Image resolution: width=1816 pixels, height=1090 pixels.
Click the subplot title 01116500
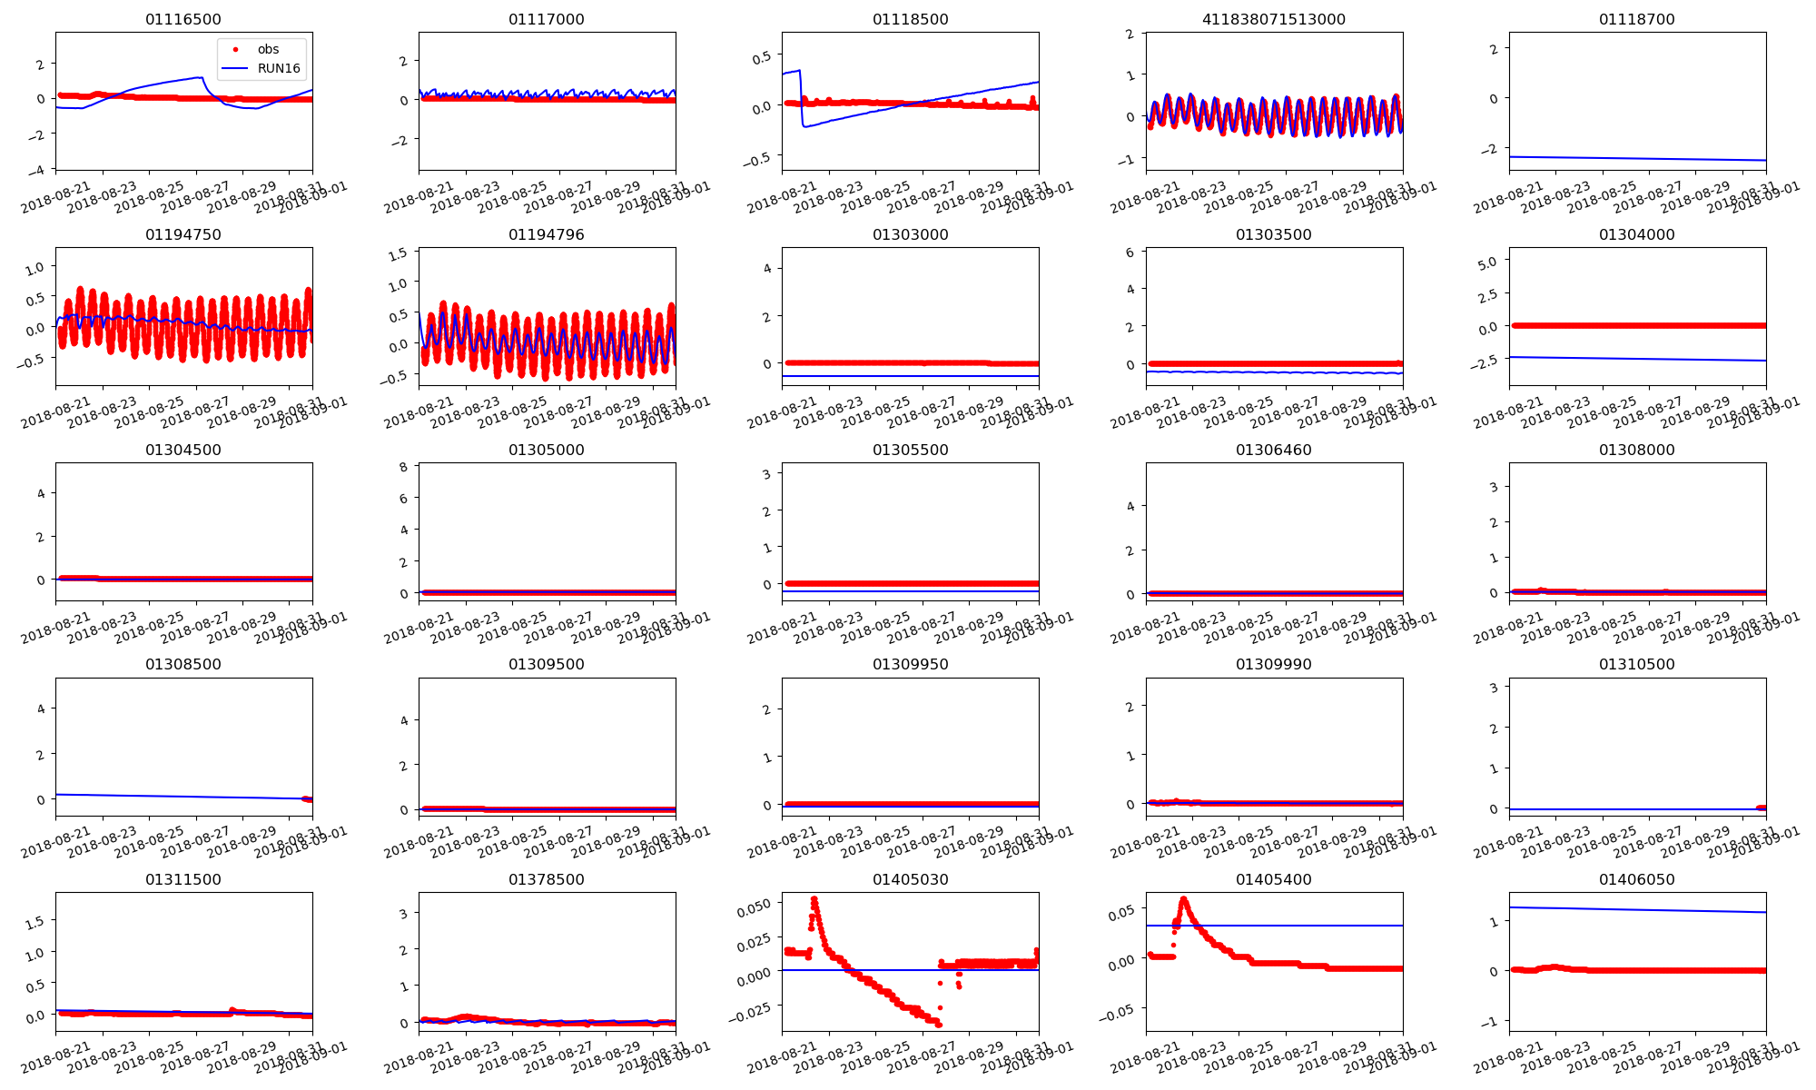[183, 19]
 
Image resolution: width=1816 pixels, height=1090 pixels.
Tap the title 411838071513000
[1273, 19]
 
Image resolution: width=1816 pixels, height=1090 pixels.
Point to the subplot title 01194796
[547, 234]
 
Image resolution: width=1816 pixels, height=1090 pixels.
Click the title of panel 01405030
[910, 879]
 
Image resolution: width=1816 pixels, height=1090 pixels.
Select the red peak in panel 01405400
[1183, 900]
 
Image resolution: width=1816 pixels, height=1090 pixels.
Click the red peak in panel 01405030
[814, 899]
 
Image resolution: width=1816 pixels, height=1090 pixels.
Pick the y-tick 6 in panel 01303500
[1130, 253]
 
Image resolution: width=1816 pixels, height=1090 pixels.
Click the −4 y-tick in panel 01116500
[39, 171]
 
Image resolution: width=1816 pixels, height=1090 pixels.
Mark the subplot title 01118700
[1636, 19]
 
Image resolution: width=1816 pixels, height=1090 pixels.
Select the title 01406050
[1636, 879]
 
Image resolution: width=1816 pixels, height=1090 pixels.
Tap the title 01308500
[183, 664]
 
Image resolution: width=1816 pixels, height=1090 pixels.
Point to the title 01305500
[910, 450]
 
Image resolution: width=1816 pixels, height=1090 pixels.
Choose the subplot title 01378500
[547, 879]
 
